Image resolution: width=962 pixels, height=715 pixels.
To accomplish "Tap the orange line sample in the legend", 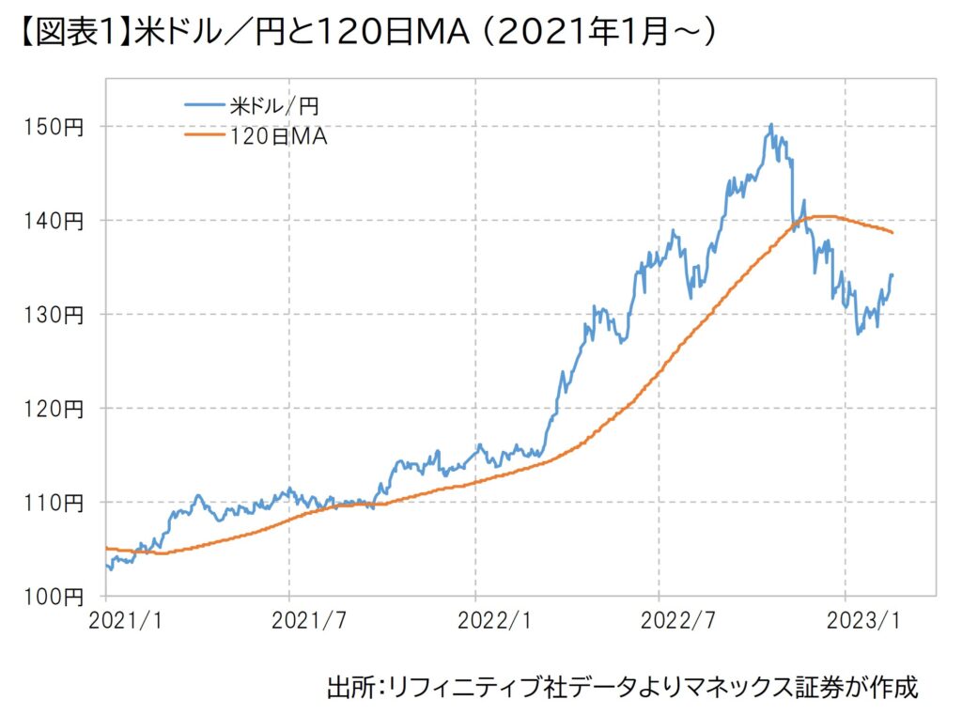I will click(205, 137).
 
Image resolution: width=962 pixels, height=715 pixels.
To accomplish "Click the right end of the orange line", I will click(892, 232).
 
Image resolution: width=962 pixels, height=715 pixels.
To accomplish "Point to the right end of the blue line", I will click(892, 274).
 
